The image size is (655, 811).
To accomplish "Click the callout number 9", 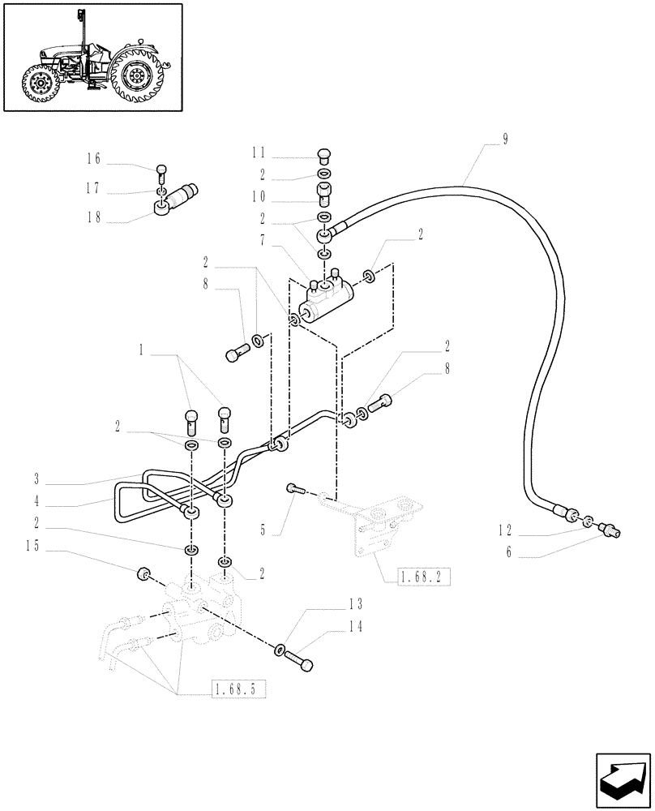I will click(x=505, y=139).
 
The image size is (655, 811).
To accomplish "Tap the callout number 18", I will click(x=94, y=218).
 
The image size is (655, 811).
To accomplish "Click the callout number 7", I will click(x=263, y=241).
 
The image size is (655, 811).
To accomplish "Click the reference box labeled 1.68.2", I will click(x=422, y=577).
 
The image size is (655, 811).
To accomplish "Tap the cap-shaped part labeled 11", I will click(x=323, y=156).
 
